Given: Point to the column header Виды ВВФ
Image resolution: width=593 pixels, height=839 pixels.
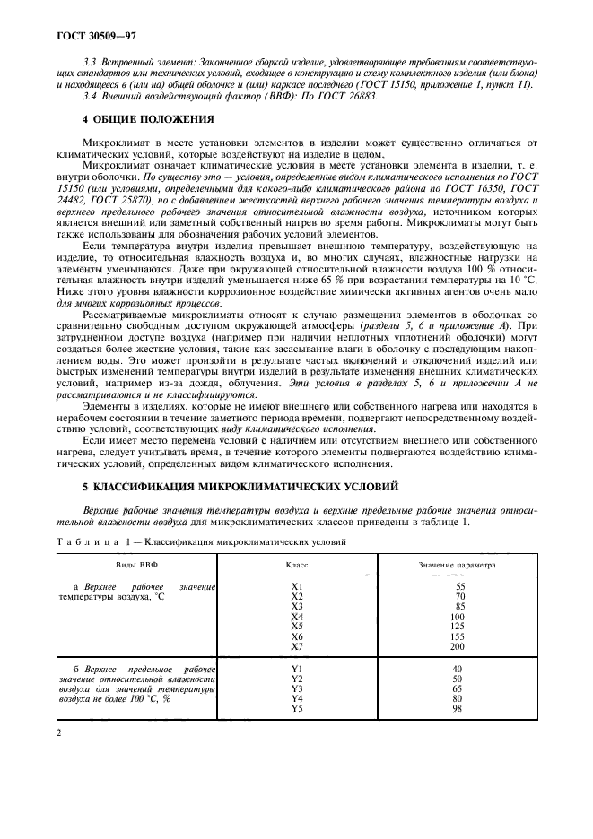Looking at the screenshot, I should click(x=136, y=566).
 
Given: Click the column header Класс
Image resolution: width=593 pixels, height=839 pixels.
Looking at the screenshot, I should click(x=297, y=566).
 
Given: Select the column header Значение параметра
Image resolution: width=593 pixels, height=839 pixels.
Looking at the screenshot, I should click(x=458, y=566).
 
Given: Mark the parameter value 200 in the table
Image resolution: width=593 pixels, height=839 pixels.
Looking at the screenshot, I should click(x=458, y=646).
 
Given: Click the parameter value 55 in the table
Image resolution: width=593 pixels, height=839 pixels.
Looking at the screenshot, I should click(x=458, y=585).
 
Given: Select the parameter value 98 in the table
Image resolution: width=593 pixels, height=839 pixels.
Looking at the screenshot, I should click(x=458, y=709).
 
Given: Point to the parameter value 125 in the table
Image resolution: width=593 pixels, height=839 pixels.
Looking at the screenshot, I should click(x=458, y=626).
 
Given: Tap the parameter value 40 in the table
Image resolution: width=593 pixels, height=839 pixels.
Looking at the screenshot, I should click(x=458, y=669).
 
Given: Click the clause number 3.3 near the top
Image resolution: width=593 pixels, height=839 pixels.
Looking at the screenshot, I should click(x=88, y=55).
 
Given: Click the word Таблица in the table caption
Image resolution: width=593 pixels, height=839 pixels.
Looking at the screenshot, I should click(x=88, y=541).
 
